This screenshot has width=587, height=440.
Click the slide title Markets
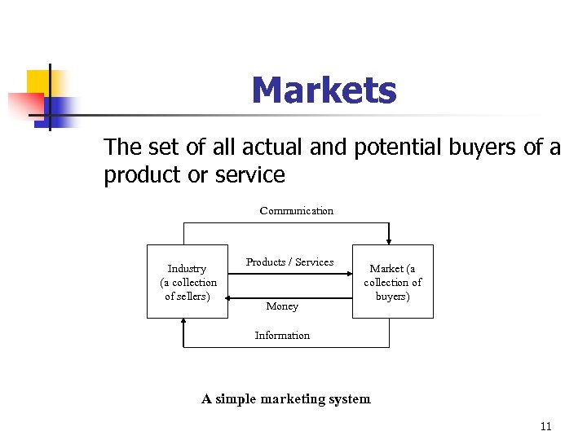click(x=324, y=90)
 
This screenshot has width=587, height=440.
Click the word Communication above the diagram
click(x=296, y=210)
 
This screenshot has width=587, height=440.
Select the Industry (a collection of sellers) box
click(x=188, y=281)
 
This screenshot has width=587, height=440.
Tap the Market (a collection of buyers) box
click(x=392, y=281)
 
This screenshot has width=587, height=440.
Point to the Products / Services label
click(x=289, y=262)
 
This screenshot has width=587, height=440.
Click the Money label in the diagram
click(x=282, y=306)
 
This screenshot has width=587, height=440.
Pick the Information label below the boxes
click(x=282, y=335)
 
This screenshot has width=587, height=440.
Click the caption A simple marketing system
click(x=285, y=398)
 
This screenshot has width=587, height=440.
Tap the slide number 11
click(x=545, y=426)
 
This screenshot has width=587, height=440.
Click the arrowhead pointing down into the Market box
click(x=390, y=240)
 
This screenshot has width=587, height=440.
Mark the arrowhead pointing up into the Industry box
click(x=186, y=322)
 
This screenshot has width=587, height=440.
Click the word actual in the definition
click(x=276, y=147)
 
